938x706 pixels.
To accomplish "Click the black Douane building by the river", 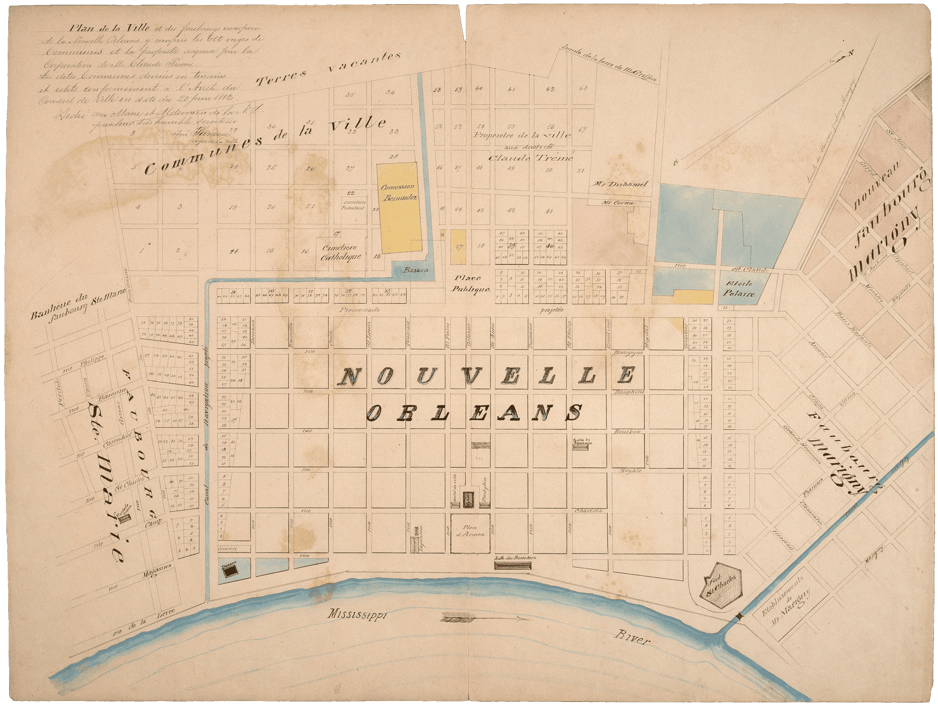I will tap(230, 569).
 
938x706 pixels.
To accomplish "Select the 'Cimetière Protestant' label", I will tap(353, 204).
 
